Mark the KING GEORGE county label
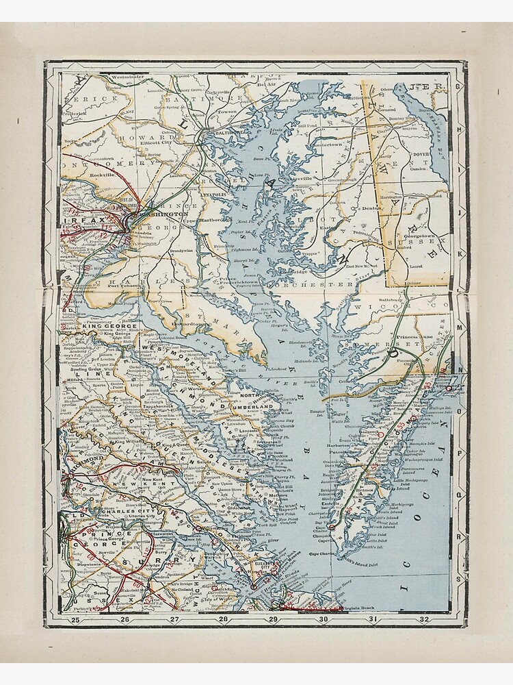[110, 325]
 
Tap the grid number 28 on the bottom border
[224, 620]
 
